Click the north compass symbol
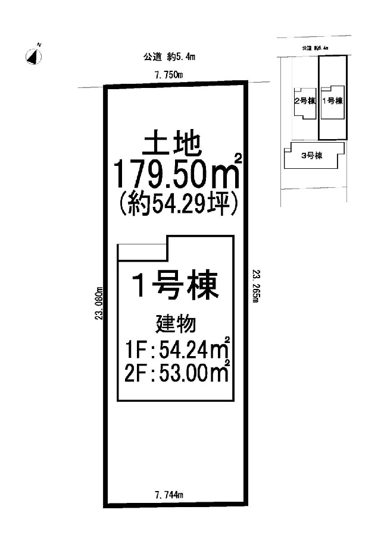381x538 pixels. click(34, 56)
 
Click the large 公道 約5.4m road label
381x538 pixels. click(170, 57)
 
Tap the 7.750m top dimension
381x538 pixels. click(168, 75)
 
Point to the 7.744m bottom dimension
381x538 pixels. click(169, 495)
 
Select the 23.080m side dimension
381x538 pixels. click(99, 303)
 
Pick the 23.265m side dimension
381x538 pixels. click(255, 286)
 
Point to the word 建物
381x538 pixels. click(176, 323)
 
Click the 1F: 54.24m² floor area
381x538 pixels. click(177, 349)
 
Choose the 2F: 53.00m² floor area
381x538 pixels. click(177, 372)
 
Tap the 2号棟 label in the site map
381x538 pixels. click(305, 101)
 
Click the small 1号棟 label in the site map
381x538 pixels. click(333, 101)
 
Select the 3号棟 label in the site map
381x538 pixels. click(311, 155)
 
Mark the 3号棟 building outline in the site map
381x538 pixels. click(285, 158)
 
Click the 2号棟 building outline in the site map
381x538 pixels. click(295, 103)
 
